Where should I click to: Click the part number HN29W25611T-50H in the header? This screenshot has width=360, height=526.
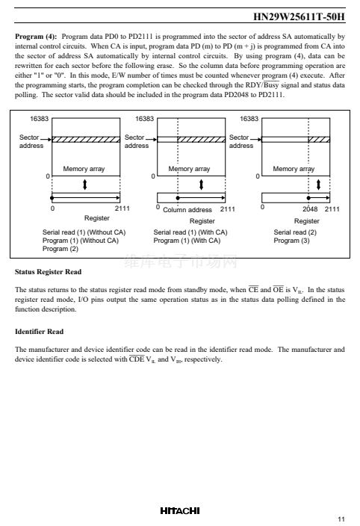pyautogui.click(x=299, y=16)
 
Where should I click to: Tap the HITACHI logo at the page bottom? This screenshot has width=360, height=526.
pyautogui.click(x=180, y=510)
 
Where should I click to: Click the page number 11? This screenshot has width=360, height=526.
pyautogui.click(x=341, y=519)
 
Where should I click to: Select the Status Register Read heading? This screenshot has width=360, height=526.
pyautogui.click(x=48, y=272)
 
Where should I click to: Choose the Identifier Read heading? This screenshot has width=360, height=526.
pyautogui.click(x=39, y=332)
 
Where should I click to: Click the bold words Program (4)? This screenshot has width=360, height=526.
pyautogui.click(x=36, y=37)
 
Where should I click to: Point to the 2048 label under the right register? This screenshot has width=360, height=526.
pyautogui.click(x=310, y=209)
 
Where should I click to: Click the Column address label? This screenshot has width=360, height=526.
pyautogui.click(x=187, y=210)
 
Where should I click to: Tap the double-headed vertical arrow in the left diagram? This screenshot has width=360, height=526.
pyautogui.click(x=85, y=185)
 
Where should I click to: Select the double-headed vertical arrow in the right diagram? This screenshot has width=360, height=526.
pyautogui.click(x=318, y=185)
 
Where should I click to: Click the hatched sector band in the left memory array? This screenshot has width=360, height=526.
pyautogui.click(x=86, y=140)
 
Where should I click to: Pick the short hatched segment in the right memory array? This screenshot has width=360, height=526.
pyautogui.click(x=319, y=140)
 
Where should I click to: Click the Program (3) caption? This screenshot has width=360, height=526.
pyautogui.click(x=291, y=241)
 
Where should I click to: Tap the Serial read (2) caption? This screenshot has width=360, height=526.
pyautogui.click(x=295, y=232)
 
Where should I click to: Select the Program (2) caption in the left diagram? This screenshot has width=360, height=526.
pyautogui.click(x=60, y=249)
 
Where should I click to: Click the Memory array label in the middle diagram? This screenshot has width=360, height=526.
pyautogui.click(x=189, y=169)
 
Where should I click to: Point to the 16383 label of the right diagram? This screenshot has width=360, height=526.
pyautogui.click(x=249, y=119)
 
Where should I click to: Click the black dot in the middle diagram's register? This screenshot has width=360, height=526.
pyautogui.click(x=178, y=198)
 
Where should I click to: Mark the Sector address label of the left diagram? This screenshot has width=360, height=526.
pyautogui.click(x=31, y=141)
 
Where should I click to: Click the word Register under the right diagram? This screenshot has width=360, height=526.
pyautogui.click(x=307, y=221)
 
